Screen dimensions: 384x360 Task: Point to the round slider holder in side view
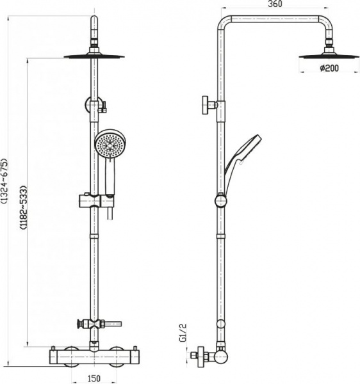point(220,201)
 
